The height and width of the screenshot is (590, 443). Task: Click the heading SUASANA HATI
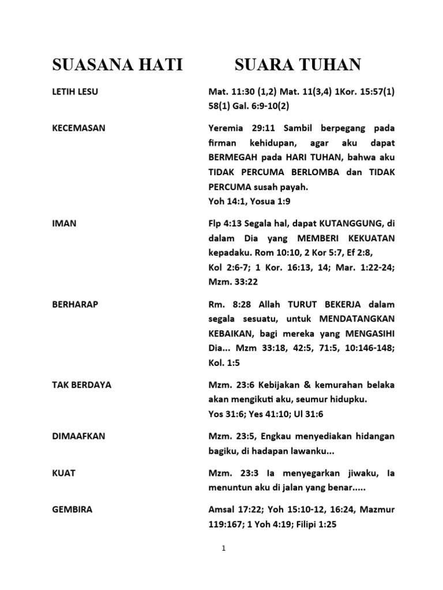tap(117, 65)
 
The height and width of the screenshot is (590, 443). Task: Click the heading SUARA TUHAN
tap(298, 65)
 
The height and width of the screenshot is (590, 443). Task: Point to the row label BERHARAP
tap(75, 304)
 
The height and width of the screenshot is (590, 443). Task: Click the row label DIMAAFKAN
tap(78, 436)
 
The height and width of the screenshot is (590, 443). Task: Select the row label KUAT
tap(63, 473)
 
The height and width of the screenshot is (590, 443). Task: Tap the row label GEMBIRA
tap(72, 509)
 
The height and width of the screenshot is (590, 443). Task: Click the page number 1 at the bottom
tap(223, 549)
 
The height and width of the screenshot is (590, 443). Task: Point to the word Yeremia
tap(225, 128)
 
